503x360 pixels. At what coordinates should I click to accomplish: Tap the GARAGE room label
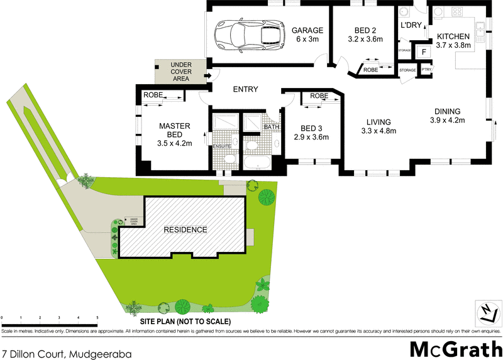coord(307,30)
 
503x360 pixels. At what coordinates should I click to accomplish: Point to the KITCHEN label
coord(453,36)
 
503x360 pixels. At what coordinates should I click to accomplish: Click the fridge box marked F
coord(423,52)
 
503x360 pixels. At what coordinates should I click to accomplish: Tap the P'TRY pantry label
coord(426,70)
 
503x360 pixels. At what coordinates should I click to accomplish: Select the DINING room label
coord(446,111)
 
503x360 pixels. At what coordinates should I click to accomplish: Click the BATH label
coord(271,127)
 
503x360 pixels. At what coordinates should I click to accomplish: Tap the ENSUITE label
coord(223,146)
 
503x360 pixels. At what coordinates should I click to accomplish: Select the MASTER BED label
coord(170,129)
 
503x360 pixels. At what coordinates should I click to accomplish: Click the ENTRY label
coord(245,89)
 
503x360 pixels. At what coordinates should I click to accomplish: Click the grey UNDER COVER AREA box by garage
coord(181,72)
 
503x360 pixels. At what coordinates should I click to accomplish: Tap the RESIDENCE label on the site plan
coord(185,229)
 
